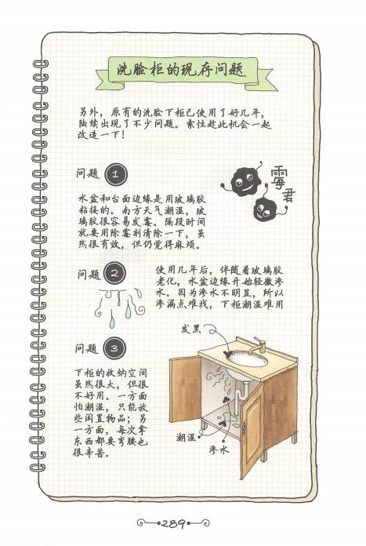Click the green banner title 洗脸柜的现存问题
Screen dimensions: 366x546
click(x=182, y=71)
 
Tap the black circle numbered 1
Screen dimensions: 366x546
click(x=115, y=174)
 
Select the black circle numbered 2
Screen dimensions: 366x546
click(x=115, y=273)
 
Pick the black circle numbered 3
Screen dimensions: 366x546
click(x=114, y=348)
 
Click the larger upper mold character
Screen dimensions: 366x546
click(x=245, y=181)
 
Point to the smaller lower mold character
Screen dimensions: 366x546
click(x=266, y=209)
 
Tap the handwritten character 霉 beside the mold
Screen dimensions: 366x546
click(x=282, y=176)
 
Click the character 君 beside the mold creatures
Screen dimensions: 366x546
click(x=285, y=196)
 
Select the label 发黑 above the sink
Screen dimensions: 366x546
click(x=191, y=329)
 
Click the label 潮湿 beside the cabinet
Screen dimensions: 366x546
click(x=186, y=438)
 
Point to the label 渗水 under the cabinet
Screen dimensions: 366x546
click(x=219, y=450)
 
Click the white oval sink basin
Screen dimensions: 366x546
click(x=247, y=359)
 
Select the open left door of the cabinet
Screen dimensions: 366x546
click(x=185, y=388)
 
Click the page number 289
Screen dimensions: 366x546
click(x=173, y=523)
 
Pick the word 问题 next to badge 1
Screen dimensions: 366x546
click(x=88, y=173)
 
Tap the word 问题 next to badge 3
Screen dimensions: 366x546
click(x=87, y=348)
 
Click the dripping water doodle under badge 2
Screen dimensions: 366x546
click(x=121, y=307)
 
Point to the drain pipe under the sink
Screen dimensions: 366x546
click(x=240, y=397)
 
